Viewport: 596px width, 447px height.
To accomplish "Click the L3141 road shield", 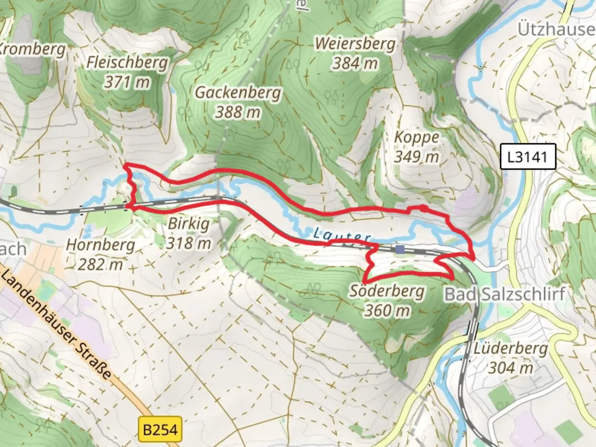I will click(527, 157).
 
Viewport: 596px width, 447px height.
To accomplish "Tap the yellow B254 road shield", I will click(160, 430).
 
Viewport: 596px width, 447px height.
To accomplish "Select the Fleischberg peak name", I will click(127, 62).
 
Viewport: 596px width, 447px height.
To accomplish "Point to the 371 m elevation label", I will click(127, 82).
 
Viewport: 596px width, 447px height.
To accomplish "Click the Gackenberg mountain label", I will click(238, 93).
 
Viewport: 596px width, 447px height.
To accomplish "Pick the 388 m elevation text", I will click(238, 112).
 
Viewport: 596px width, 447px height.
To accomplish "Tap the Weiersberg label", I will click(355, 44).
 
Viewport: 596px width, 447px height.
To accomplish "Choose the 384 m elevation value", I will click(355, 63).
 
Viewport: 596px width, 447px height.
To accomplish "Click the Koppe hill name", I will click(416, 137).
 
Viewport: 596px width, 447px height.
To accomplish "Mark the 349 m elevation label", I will click(416, 156).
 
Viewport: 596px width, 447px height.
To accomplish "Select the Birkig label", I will click(188, 224).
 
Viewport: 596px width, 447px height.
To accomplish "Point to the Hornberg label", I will click(101, 245).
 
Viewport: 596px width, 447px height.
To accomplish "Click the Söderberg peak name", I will click(387, 291).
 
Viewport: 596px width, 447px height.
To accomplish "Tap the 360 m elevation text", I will click(387, 310).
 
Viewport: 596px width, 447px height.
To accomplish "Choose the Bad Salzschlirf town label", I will click(505, 294).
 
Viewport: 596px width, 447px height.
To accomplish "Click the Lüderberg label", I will click(511, 348).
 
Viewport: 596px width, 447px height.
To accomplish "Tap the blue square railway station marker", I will click(400, 249).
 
